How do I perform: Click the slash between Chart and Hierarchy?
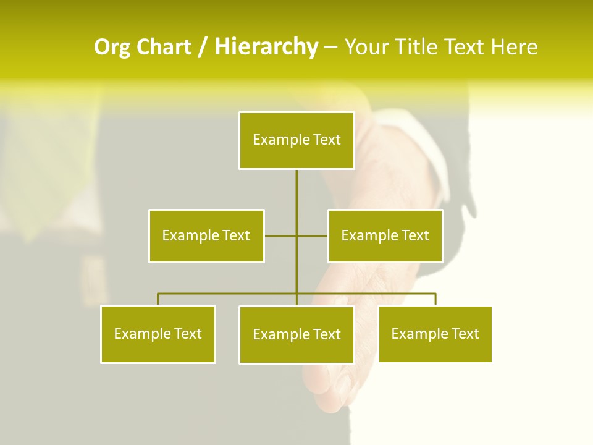[x=202, y=48]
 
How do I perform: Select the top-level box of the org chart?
[x=296, y=140]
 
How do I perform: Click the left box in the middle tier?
[x=206, y=235]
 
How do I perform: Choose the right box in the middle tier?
[x=385, y=235]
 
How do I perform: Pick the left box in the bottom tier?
[x=158, y=334]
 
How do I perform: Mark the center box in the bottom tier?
[x=296, y=334]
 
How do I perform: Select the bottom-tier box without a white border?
[x=435, y=334]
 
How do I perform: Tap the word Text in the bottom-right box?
[x=465, y=334]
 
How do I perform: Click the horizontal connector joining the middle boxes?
[x=281, y=235]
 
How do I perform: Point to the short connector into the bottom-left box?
[x=158, y=299]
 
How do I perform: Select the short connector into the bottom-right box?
[x=435, y=299]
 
